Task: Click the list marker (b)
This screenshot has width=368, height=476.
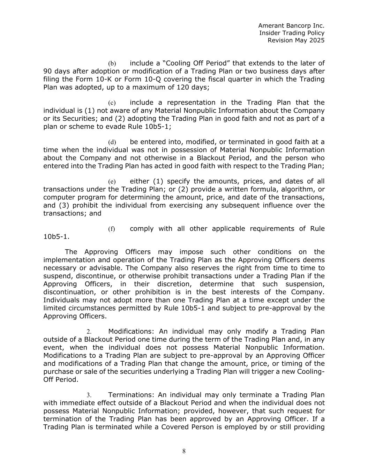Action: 112,63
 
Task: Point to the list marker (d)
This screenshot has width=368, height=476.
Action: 112,142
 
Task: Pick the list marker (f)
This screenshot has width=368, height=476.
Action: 111,229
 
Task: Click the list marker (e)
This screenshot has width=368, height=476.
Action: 112,182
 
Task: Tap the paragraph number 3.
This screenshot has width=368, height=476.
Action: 89,395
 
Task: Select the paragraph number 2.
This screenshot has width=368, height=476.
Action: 89,332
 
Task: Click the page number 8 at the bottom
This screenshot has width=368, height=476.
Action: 184,452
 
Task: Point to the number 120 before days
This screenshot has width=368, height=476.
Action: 183,87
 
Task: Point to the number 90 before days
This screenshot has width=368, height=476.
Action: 48,71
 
